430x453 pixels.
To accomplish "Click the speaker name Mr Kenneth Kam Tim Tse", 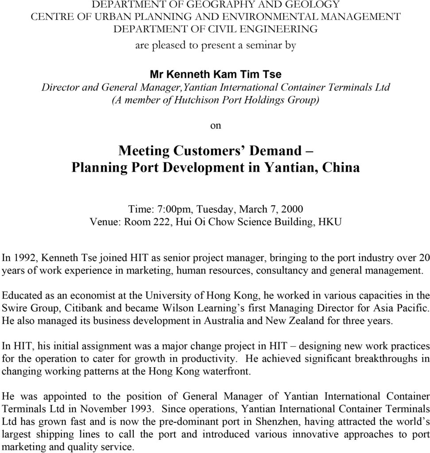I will (215, 73).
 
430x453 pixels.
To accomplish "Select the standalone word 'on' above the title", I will (215, 126).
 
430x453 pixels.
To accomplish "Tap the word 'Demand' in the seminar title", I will (275, 151).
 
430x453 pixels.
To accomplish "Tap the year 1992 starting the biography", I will (19, 257).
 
